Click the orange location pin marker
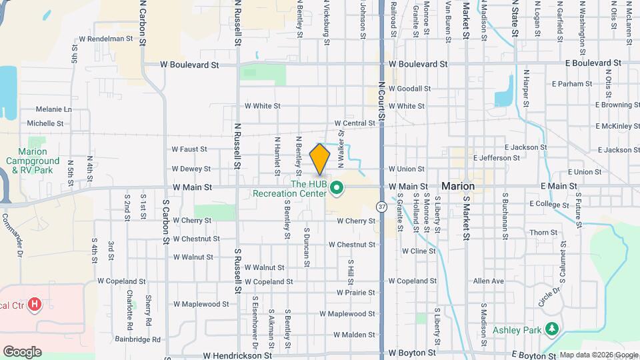pyautogui.click(x=320, y=159)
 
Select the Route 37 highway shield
pyautogui.click(x=381, y=207)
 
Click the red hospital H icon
pyautogui.click(x=35, y=305)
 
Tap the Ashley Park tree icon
pyautogui.click(x=551, y=329)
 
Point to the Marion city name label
pyautogui.click(x=457, y=186)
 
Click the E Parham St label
pyautogui.click(x=572, y=84)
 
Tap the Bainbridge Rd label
pyautogui.click(x=137, y=339)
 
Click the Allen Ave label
pyautogui.click(x=488, y=282)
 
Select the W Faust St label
pyautogui.click(x=189, y=149)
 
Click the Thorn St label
pyautogui.click(x=543, y=233)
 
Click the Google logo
pyautogui.click(x=22, y=351)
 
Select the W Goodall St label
pyautogui.click(x=410, y=88)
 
